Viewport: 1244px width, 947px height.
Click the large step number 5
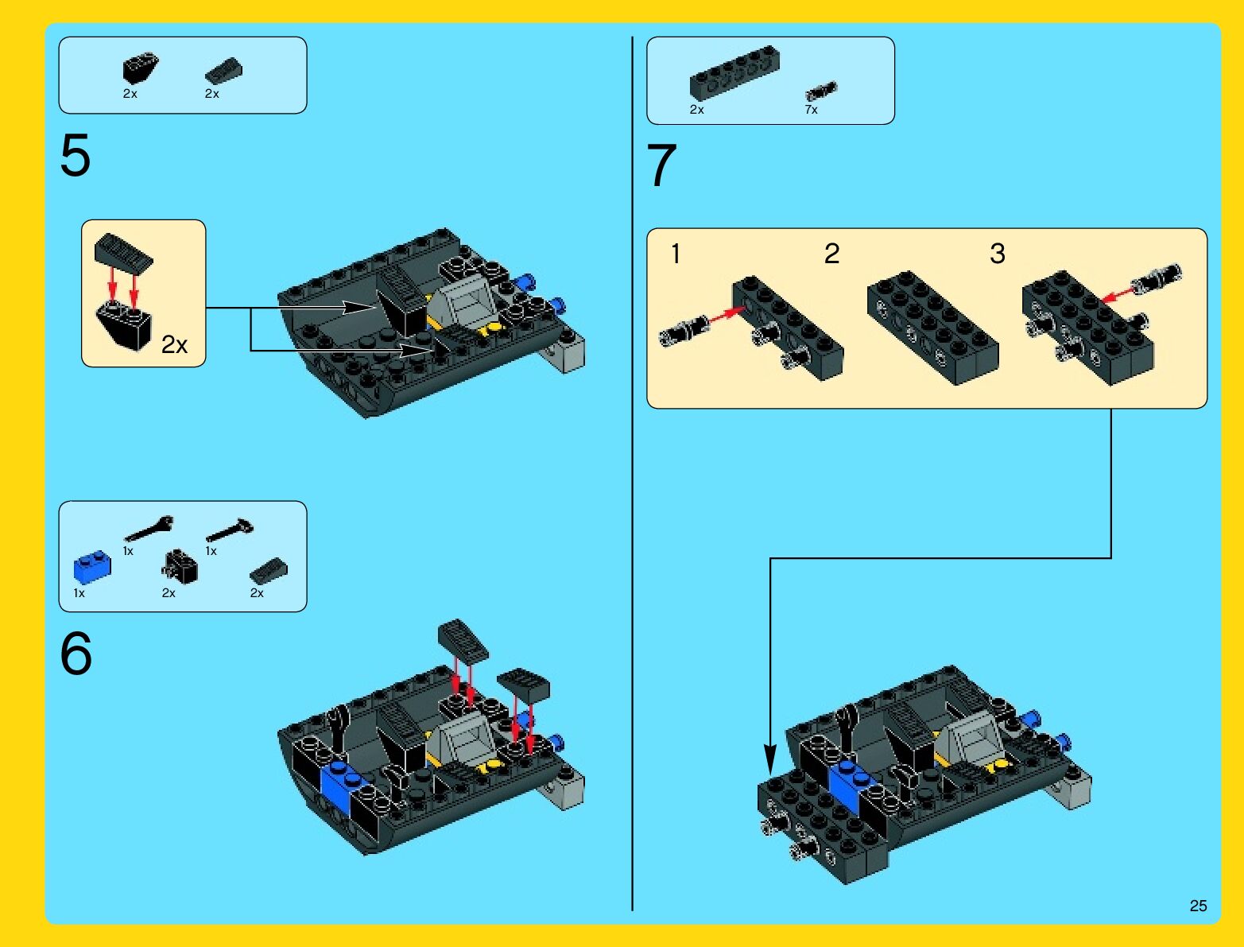tap(75, 155)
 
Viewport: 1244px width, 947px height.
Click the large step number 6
tap(76, 654)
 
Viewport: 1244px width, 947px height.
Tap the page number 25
tap(1198, 906)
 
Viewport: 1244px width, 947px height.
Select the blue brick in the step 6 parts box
tap(92, 567)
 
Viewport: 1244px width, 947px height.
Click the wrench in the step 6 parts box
tap(149, 528)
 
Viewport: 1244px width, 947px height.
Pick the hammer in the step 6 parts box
tap(230, 530)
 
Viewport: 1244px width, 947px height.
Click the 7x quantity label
tap(811, 110)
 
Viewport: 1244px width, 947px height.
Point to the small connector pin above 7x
tap(821, 91)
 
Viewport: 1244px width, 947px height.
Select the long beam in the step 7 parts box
tap(734, 73)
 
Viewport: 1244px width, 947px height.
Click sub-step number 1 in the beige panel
tap(676, 254)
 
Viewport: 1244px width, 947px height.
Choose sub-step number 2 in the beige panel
tap(831, 254)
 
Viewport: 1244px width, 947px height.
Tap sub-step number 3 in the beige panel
tap(998, 254)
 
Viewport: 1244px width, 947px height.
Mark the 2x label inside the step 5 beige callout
tap(174, 344)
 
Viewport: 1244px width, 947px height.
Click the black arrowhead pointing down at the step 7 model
tap(769, 759)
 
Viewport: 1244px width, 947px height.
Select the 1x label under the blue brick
tap(79, 593)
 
